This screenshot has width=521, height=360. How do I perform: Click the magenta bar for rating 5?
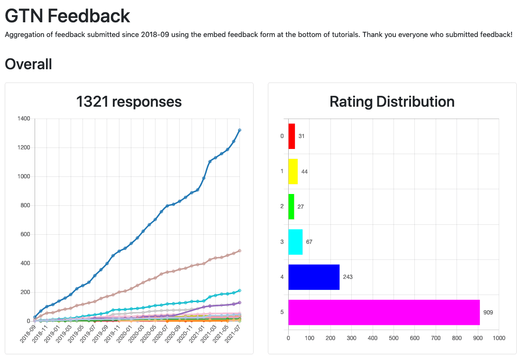(384, 312)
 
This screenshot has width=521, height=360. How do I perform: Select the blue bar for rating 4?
(314, 277)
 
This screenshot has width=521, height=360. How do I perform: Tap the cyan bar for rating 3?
(295, 242)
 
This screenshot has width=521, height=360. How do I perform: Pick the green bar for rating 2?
(291, 206)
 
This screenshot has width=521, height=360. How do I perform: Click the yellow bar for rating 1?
(293, 171)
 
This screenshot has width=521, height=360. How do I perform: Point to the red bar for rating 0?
(292, 136)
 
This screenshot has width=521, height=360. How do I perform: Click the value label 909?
(488, 313)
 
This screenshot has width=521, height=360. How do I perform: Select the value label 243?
(347, 277)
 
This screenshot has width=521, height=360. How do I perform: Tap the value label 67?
(309, 242)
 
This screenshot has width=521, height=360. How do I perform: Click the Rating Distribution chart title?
(392, 102)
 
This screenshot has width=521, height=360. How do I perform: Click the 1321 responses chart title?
(129, 102)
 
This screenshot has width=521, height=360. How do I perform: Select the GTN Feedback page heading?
(67, 16)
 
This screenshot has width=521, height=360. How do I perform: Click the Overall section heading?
(28, 64)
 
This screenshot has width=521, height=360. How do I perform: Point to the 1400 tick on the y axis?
(23, 119)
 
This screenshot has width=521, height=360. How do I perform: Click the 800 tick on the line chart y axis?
(24, 205)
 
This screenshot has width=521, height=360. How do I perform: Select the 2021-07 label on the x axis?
(235, 334)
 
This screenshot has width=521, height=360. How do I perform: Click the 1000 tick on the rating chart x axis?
(499, 338)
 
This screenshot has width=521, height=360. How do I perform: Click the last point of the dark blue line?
(239, 130)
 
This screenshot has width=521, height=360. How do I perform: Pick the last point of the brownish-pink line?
(239, 250)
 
